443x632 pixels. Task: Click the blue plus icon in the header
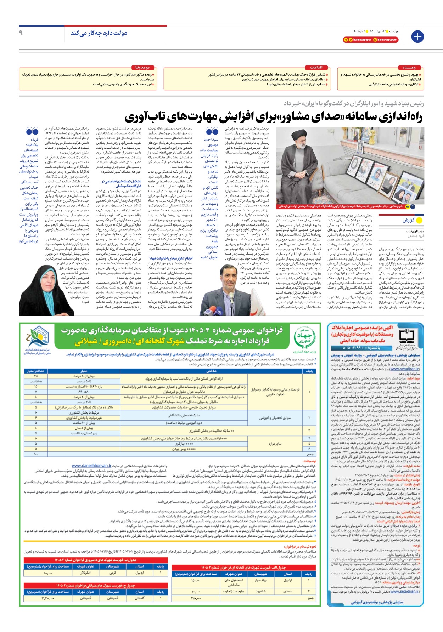pyautogui.click(x=417, y=36)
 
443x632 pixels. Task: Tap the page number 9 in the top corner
pyautogui.click(x=21, y=33)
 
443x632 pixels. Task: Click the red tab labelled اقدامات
pyautogui.click(x=316, y=67)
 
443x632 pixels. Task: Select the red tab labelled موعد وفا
pyautogui.click(x=142, y=67)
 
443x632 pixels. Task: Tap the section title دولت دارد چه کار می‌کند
pyautogui.click(x=99, y=33)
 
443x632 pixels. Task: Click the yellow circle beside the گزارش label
pyautogui.click(x=420, y=220)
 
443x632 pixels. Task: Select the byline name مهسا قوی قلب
pyautogui.click(x=415, y=231)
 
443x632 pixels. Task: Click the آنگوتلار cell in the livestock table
pyautogui.click(x=86, y=573)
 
